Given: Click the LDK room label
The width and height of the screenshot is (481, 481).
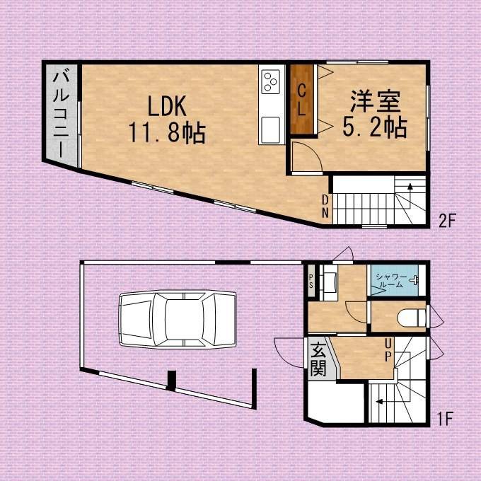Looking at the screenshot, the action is (x=167, y=106).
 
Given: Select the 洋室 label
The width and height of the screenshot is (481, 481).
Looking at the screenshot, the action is (x=376, y=101).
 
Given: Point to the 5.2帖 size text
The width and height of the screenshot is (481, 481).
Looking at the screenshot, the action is (x=375, y=127).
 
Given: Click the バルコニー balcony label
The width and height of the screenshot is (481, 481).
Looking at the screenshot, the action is (x=61, y=115).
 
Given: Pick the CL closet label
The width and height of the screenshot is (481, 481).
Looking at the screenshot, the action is (x=302, y=100).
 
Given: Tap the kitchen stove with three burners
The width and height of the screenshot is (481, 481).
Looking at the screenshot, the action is (x=270, y=81).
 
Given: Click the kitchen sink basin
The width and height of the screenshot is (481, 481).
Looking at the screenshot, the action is (x=270, y=129).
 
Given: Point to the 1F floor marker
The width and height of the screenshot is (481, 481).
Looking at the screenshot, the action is (x=445, y=419).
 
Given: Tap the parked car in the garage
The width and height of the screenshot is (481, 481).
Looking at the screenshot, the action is (x=178, y=319).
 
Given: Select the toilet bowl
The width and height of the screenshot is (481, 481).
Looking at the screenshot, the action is (x=412, y=318).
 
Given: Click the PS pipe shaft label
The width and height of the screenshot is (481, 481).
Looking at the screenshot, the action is (x=311, y=282).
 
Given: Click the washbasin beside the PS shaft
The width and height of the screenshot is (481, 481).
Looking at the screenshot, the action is (x=330, y=282).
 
